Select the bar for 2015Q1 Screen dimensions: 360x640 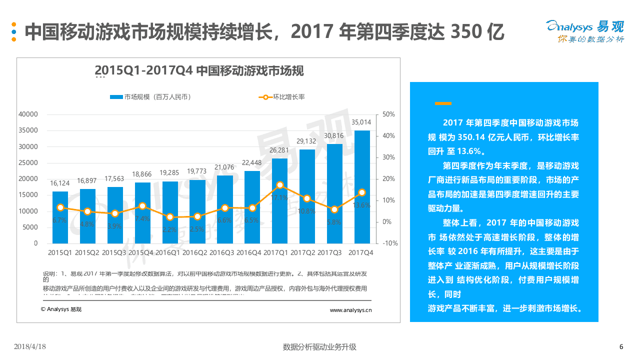pyautogui.click(x=60, y=217)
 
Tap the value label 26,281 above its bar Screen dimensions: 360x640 pyautogui.click(x=279, y=150)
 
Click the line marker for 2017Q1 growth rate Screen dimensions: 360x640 pyautogui.click(x=280, y=185)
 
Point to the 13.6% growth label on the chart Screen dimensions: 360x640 pyautogui.click(x=361, y=205)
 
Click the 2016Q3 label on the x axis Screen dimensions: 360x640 pyautogui.click(x=221, y=253)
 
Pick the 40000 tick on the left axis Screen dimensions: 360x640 pyautogui.click(x=28, y=114)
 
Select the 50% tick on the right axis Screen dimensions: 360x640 pyautogui.click(x=388, y=114)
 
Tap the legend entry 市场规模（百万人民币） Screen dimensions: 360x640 pyautogui.click(x=150, y=97)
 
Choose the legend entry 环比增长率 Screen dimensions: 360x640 pyautogui.click(x=282, y=97)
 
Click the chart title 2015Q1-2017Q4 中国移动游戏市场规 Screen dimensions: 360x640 pyautogui.click(x=199, y=70)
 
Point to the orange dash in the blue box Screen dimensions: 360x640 pyautogui.click(x=443, y=103)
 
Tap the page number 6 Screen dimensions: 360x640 pyautogui.click(x=621, y=346)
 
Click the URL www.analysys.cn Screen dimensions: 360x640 pyautogui.click(x=350, y=310)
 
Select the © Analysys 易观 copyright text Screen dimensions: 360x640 pyautogui.click(x=61, y=309)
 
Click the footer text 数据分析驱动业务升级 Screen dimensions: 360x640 pyautogui.click(x=319, y=346)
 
